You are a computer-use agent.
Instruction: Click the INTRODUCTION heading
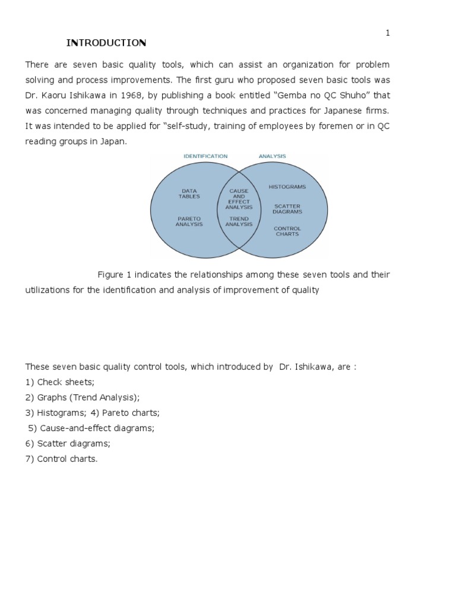pos(106,43)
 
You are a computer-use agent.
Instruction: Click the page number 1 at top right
pos(388,33)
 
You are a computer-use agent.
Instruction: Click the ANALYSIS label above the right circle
pos(272,156)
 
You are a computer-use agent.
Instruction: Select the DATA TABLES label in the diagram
pos(189,194)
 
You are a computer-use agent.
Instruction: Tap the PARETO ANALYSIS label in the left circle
pos(189,221)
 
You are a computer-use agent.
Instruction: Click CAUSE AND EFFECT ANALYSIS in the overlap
pos(239,199)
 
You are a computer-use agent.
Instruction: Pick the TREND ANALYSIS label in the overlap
pos(239,221)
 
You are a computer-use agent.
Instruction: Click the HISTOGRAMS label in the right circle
pos(287,186)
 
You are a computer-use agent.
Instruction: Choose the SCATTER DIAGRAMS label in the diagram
pos(287,209)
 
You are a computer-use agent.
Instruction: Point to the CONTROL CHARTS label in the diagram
pos(287,231)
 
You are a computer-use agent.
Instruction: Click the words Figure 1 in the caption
pos(115,274)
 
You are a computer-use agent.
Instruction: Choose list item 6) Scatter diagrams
pos(68,444)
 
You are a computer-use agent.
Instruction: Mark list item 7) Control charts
pos(61,459)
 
